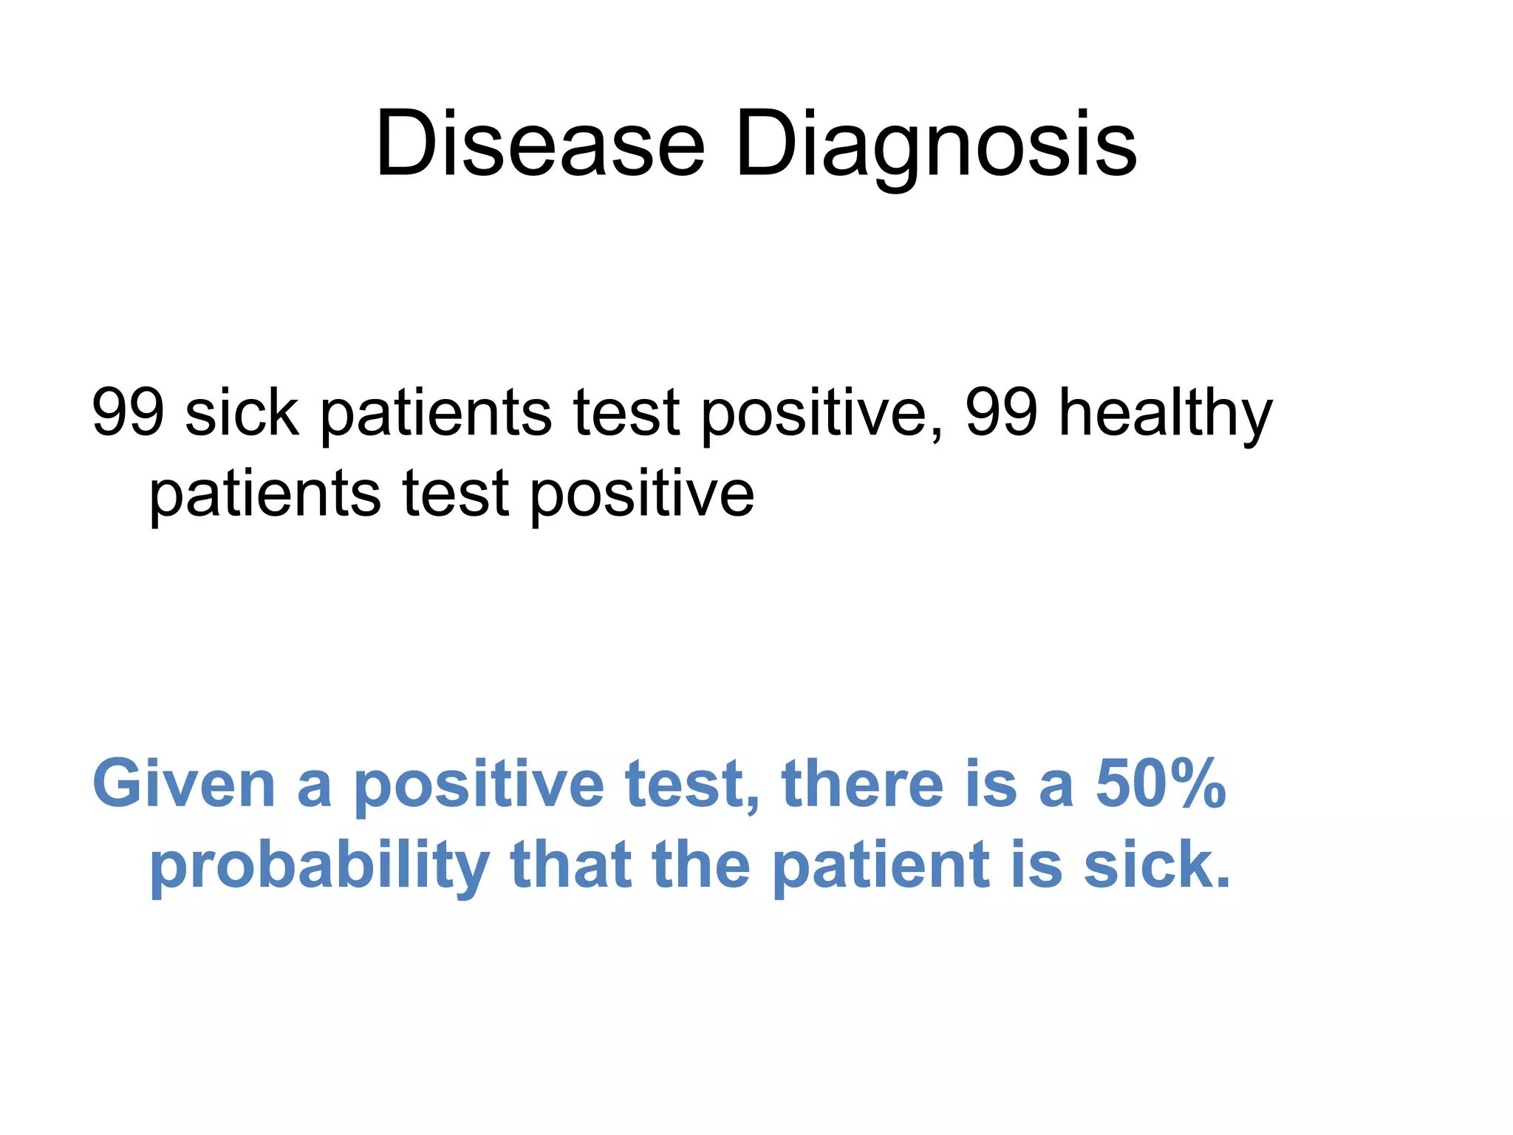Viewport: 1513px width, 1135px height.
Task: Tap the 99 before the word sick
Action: point(127,412)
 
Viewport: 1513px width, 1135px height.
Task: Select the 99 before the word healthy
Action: point(1000,412)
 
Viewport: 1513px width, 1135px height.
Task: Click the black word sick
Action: point(242,412)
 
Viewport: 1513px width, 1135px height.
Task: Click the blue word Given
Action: point(183,784)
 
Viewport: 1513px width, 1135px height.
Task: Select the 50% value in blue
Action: point(1161,784)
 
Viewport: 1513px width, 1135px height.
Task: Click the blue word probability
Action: point(319,866)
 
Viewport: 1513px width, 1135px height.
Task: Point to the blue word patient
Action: point(880,866)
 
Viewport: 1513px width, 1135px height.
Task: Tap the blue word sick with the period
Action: point(1157,866)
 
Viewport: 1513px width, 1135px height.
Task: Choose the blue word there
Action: point(862,784)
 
